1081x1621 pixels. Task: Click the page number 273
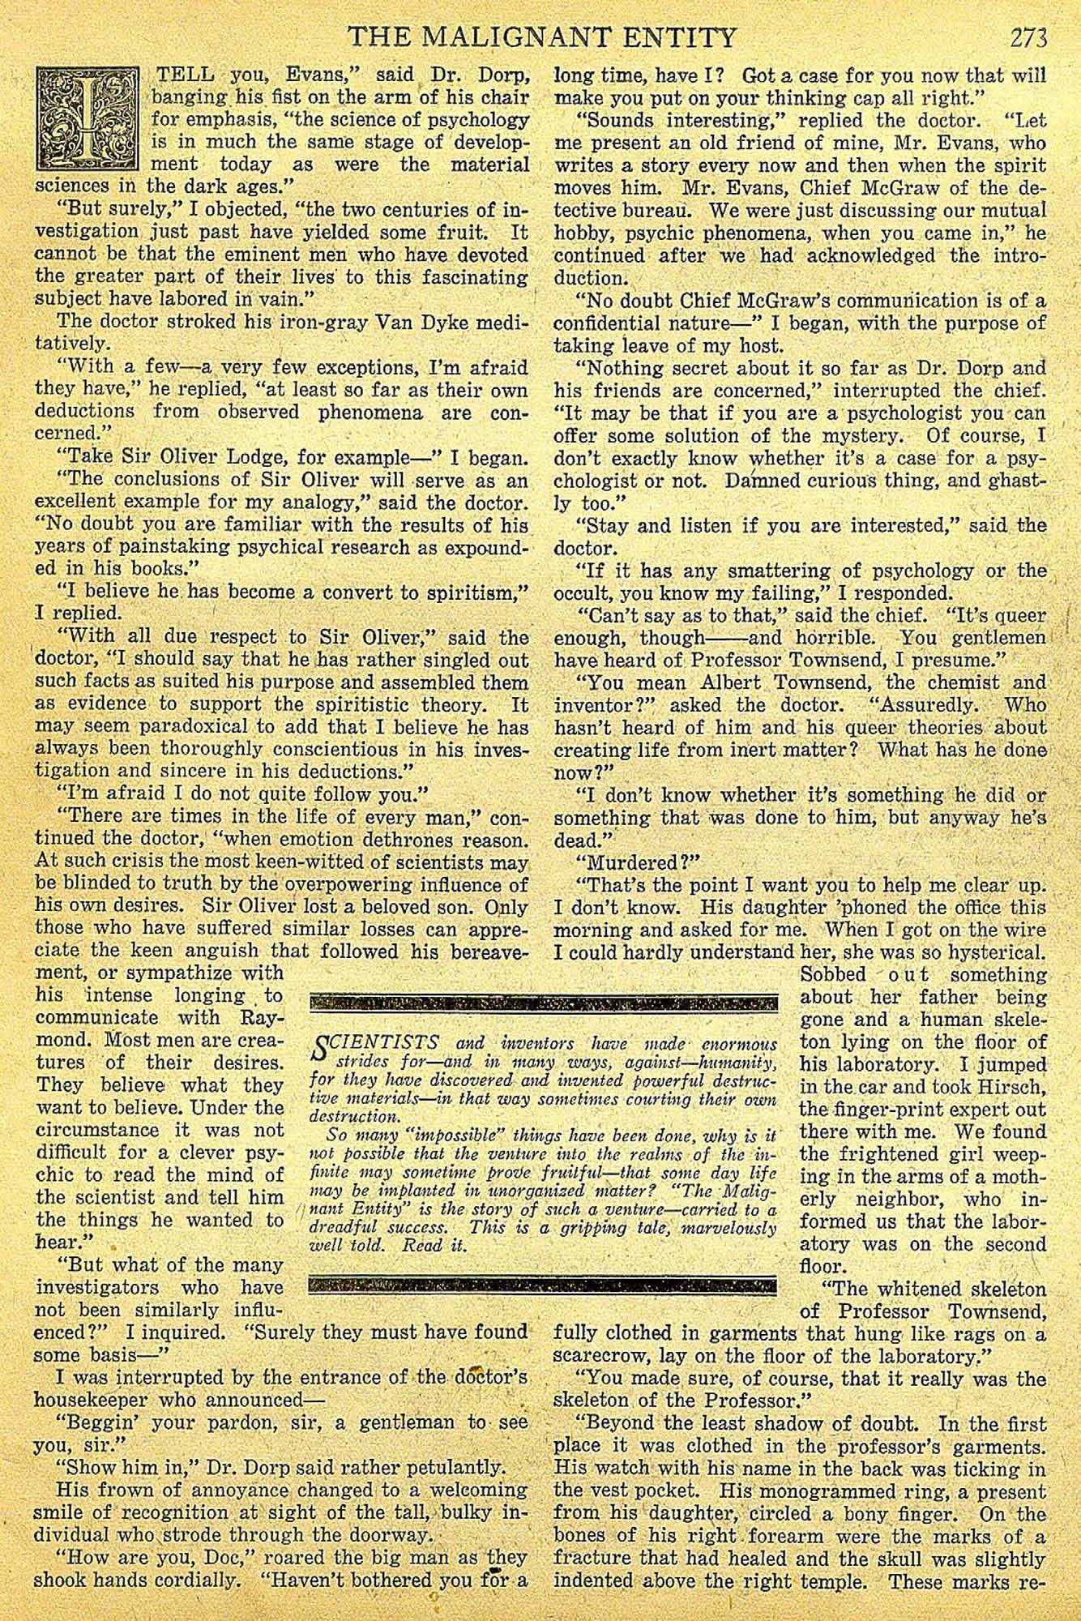pyautogui.click(x=1028, y=37)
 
